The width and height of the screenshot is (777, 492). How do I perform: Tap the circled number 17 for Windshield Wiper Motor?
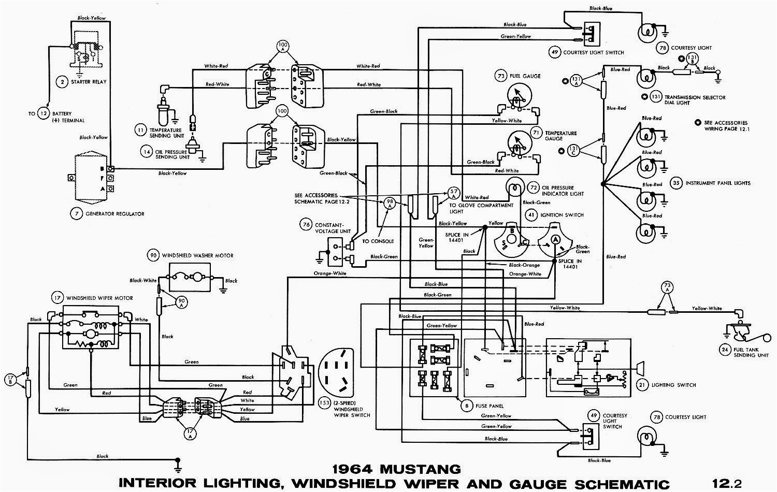tap(56, 298)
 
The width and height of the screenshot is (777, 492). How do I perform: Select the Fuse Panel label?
tap(490, 406)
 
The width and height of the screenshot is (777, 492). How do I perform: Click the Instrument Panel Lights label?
tap(717, 183)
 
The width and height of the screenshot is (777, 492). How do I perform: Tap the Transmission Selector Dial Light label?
tap(695, 100)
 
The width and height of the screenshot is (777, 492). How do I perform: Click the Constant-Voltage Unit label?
tap(329, 228)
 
